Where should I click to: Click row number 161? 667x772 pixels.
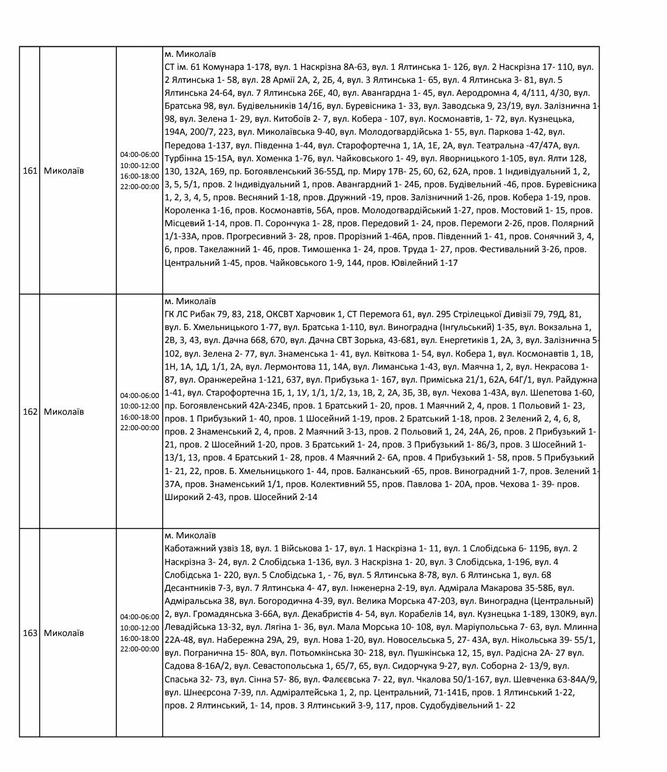[30, 171]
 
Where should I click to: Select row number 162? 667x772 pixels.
[30, 412]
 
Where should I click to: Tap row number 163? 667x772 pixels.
[30, 633]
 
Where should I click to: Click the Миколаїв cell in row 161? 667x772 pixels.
[64, 171]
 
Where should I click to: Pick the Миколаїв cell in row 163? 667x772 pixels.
[64, 633]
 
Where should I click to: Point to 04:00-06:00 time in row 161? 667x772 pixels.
[140, 155]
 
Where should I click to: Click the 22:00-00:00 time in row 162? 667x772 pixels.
[140, 428]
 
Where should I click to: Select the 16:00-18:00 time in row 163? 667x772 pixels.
[140, 638]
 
